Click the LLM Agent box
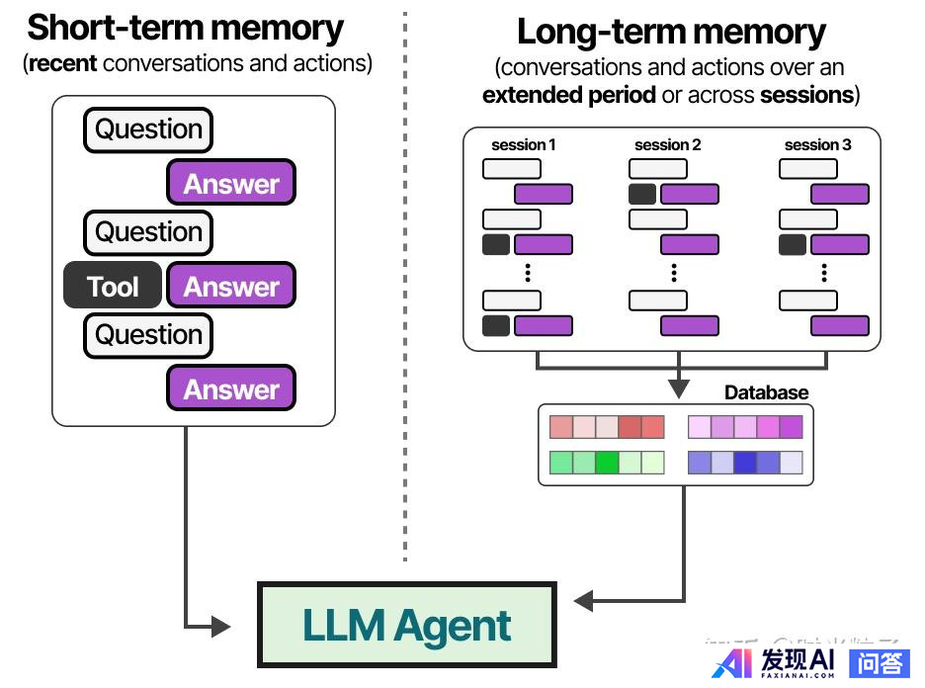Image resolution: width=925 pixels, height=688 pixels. [406, 625]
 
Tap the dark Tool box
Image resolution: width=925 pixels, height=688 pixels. [113, 287]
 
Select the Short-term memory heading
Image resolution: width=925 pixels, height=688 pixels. [186, 28]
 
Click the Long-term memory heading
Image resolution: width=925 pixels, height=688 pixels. [671, 32]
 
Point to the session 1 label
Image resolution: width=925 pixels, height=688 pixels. [524, 145]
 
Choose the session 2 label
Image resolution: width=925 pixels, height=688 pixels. [668, 145]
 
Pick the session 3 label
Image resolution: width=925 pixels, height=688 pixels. [818, 145]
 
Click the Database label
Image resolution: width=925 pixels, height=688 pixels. [766, 392]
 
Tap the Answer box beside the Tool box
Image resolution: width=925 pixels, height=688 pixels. [231, 287]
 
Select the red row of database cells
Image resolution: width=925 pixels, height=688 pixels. [607, 427]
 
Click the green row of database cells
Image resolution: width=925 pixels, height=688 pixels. [607, 462]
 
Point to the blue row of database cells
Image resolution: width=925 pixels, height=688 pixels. [745, 462]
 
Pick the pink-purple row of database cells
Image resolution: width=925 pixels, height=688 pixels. [745, 427]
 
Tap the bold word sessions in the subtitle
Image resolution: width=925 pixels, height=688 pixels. [805, 95]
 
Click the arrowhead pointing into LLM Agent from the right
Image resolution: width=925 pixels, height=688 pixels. [583, 600]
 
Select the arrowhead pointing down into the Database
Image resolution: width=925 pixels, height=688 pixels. [677, 388]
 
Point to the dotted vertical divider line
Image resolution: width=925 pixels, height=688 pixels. [405, 297]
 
